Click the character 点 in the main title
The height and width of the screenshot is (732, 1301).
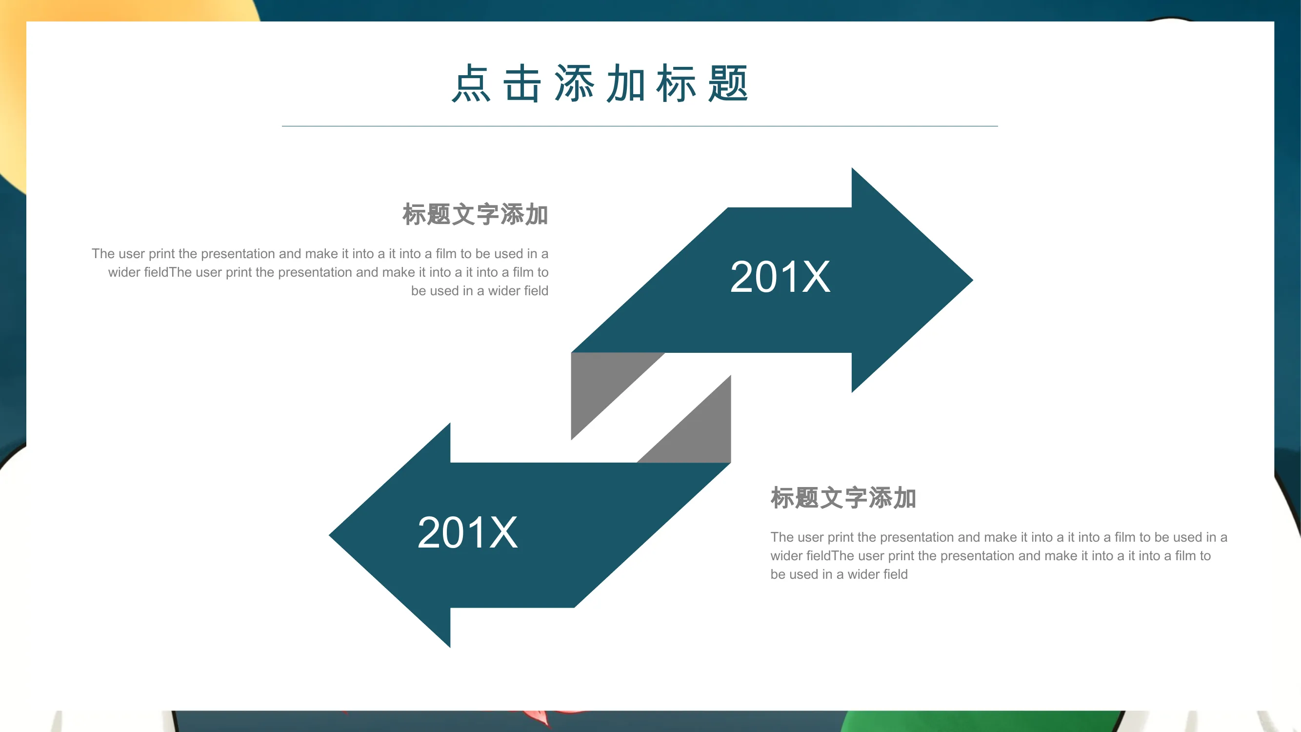(x=471, y=83)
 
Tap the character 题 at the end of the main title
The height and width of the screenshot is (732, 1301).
(x=728, y=83)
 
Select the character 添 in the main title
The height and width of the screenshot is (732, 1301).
(x=574, y=83)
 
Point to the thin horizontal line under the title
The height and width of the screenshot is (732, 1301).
(x=640, y=126)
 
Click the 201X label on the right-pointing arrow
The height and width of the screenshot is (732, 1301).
(x=781, y=277)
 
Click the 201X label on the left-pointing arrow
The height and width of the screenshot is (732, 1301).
(x=468, y=532)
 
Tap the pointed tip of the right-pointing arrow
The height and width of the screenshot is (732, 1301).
(x=972, y=280)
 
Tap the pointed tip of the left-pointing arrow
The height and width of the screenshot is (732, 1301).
(x=330, y=535)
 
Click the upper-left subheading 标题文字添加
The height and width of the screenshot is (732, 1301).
(x=475, y=214)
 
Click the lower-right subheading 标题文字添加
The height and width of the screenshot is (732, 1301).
(x=843, y=498)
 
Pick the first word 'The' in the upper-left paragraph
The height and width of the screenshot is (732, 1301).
(x=103, y=254)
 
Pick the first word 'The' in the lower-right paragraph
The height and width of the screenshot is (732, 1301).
(x=782, y=537)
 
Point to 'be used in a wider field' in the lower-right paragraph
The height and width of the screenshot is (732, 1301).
(x=839, y=574)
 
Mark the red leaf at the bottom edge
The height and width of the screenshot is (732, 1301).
(x=537, y=718)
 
